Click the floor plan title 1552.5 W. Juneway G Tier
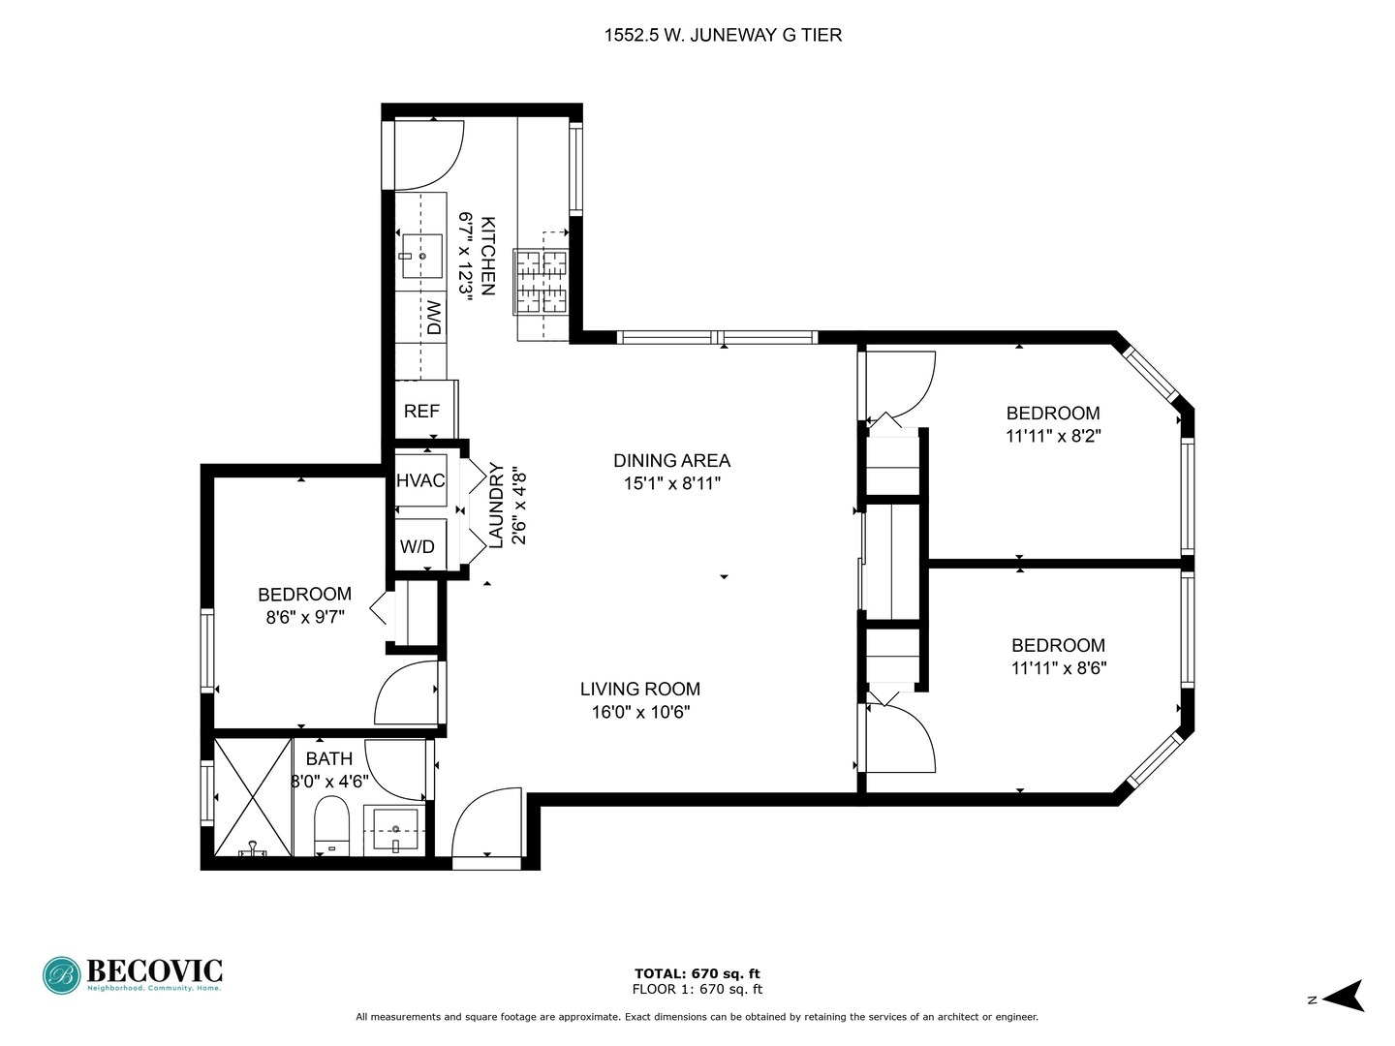point(723,36)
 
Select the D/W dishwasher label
point(434,318)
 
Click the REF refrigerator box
point(422,411)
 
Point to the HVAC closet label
point(420,480)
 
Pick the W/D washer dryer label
point(418,546)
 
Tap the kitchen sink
point(421,256)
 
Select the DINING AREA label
point(671,461)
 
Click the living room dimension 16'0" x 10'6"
point(640,713)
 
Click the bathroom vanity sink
point(395,831)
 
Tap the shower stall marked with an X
point(252,796)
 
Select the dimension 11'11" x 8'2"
point(1053,436)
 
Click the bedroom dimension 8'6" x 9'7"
point(304,616)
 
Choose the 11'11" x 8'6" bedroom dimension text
point(1058,667)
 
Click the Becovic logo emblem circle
point(62,975)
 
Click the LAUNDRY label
point(496,507)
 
